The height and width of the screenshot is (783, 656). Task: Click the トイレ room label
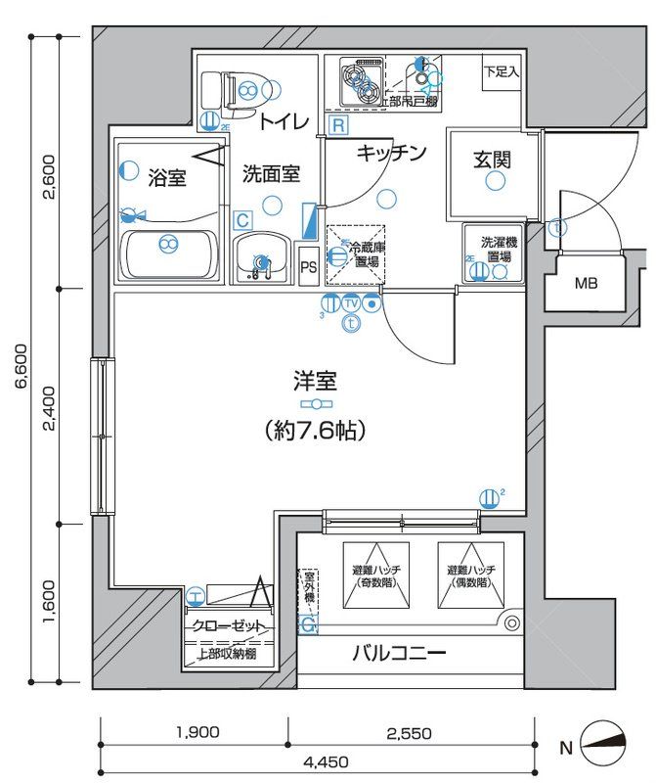click(x=284, y=121)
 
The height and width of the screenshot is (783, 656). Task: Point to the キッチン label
click(x=391, y=153)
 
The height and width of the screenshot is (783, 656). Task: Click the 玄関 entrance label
click(x=493, y=159)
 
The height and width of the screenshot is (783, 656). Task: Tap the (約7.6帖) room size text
click(x=314, y=429)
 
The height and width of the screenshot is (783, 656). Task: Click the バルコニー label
click(x=399, y=653)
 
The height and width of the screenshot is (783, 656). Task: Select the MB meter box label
click(x=585, y=285)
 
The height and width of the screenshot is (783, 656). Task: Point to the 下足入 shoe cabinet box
click(x=502, y=72)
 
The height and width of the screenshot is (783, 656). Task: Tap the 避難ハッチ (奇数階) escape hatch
click(x=376, y=577)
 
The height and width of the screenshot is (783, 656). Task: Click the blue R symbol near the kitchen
click(x=337, y=125)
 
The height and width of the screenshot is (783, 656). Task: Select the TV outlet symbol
click(x=351, y=303)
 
